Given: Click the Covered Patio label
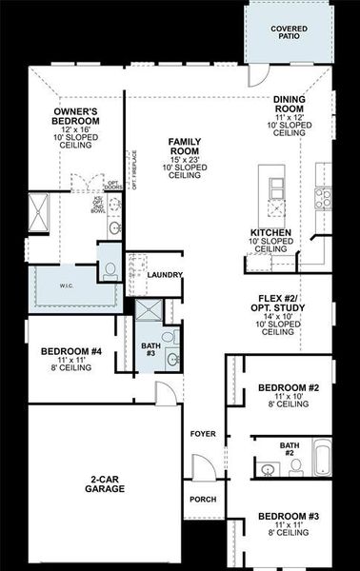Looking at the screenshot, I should [290, 33].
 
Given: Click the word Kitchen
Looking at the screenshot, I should [271, 232].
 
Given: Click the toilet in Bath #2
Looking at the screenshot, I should [295, 465].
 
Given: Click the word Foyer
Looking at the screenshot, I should [202, 433].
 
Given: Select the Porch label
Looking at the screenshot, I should [202, 500].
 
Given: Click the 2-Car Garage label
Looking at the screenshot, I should [92, 485].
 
